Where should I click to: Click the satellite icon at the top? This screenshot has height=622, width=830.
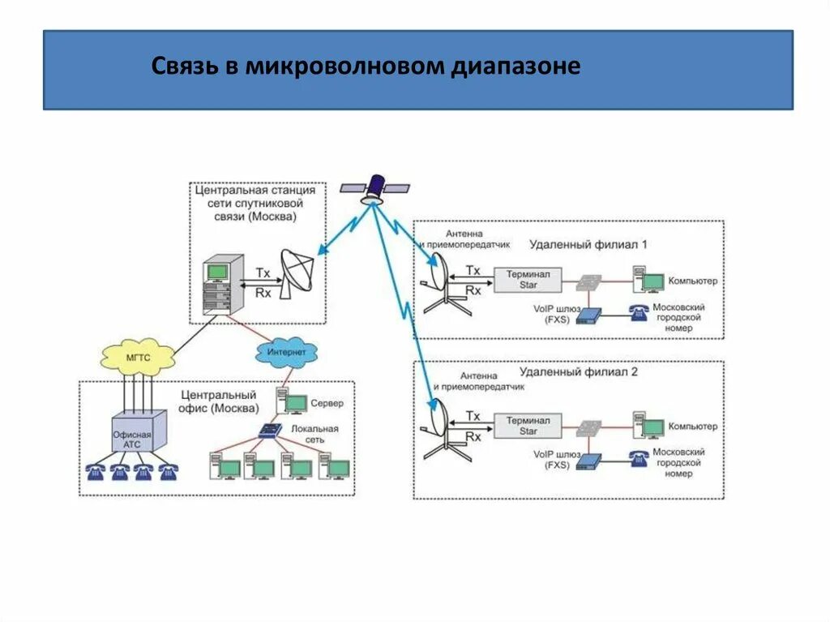[374, 187]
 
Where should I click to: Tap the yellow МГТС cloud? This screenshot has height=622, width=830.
[138, 356]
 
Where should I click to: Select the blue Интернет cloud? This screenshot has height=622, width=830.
[286, 353]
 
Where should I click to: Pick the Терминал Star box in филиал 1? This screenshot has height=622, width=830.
[528, 280]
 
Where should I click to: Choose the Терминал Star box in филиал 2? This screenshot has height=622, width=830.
[528, 426]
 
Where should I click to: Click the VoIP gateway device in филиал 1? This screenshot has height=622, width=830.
[591, 315]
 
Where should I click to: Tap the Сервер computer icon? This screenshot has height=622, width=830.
[291, 401]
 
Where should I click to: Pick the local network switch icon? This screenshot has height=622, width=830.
[268, 432]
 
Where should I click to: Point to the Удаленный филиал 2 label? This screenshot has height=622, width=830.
[578, 372]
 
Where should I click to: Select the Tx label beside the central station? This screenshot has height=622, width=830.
[263, 273]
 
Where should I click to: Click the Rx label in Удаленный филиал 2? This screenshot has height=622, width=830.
[473, 435]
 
